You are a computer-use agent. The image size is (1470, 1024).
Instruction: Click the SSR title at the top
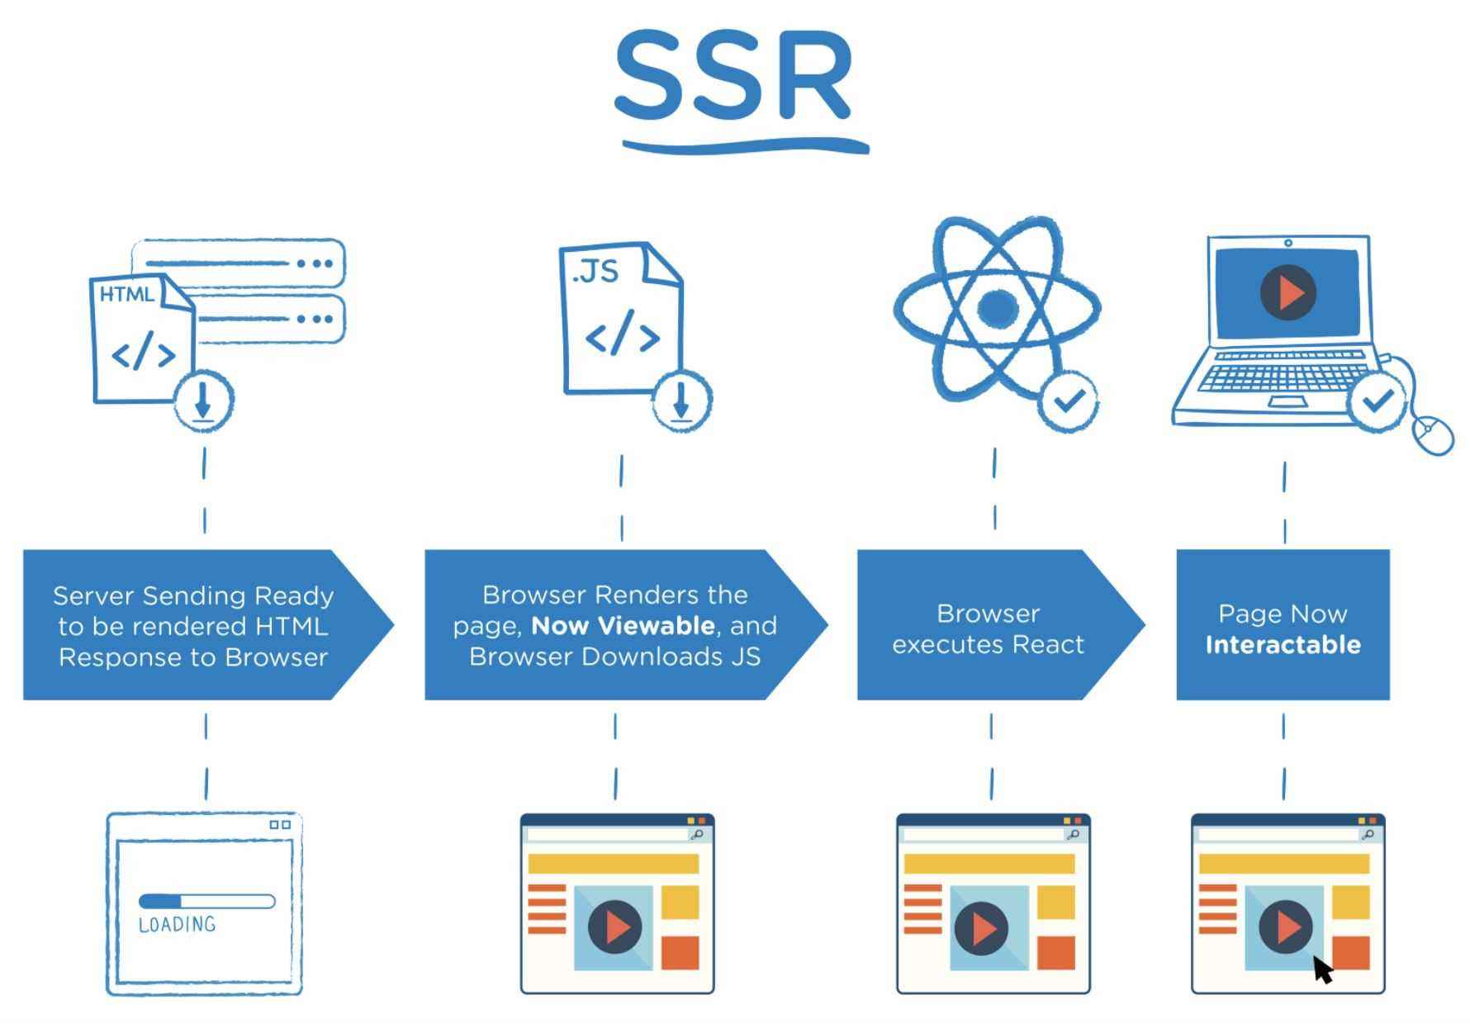click(x=733, y=76)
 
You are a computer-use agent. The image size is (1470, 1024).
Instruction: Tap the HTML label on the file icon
click(x=126, y=294)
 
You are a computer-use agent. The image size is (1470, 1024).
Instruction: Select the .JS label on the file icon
click(x=595, y=271)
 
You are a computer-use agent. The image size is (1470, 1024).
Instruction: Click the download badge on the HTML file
click(x=203, y=401)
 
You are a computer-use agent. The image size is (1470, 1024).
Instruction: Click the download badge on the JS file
click(x=681, y=401)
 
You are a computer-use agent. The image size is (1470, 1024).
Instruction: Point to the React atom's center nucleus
click(x=997, y=308)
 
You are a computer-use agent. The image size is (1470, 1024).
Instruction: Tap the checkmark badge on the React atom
click(x=1069, y=401)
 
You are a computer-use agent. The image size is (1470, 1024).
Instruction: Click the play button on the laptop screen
click(x=1287, y=292)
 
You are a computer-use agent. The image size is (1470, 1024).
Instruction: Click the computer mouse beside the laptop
click(x=1434, y=433)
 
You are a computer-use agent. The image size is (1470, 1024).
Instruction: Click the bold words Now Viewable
click(x=623, y=626)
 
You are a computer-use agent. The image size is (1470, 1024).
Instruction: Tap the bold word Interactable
click(x=1283, y=645)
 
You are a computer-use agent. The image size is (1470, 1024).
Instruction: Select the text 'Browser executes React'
click(x=988, y=628)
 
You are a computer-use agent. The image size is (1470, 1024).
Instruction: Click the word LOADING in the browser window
click(x=177, y=924)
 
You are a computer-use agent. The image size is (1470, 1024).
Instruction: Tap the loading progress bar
click(x=206, y=901)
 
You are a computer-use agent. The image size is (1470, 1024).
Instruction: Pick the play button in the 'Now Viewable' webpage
click(x=614, y=927)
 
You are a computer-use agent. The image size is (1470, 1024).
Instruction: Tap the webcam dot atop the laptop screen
click(x=1288, y=243)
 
